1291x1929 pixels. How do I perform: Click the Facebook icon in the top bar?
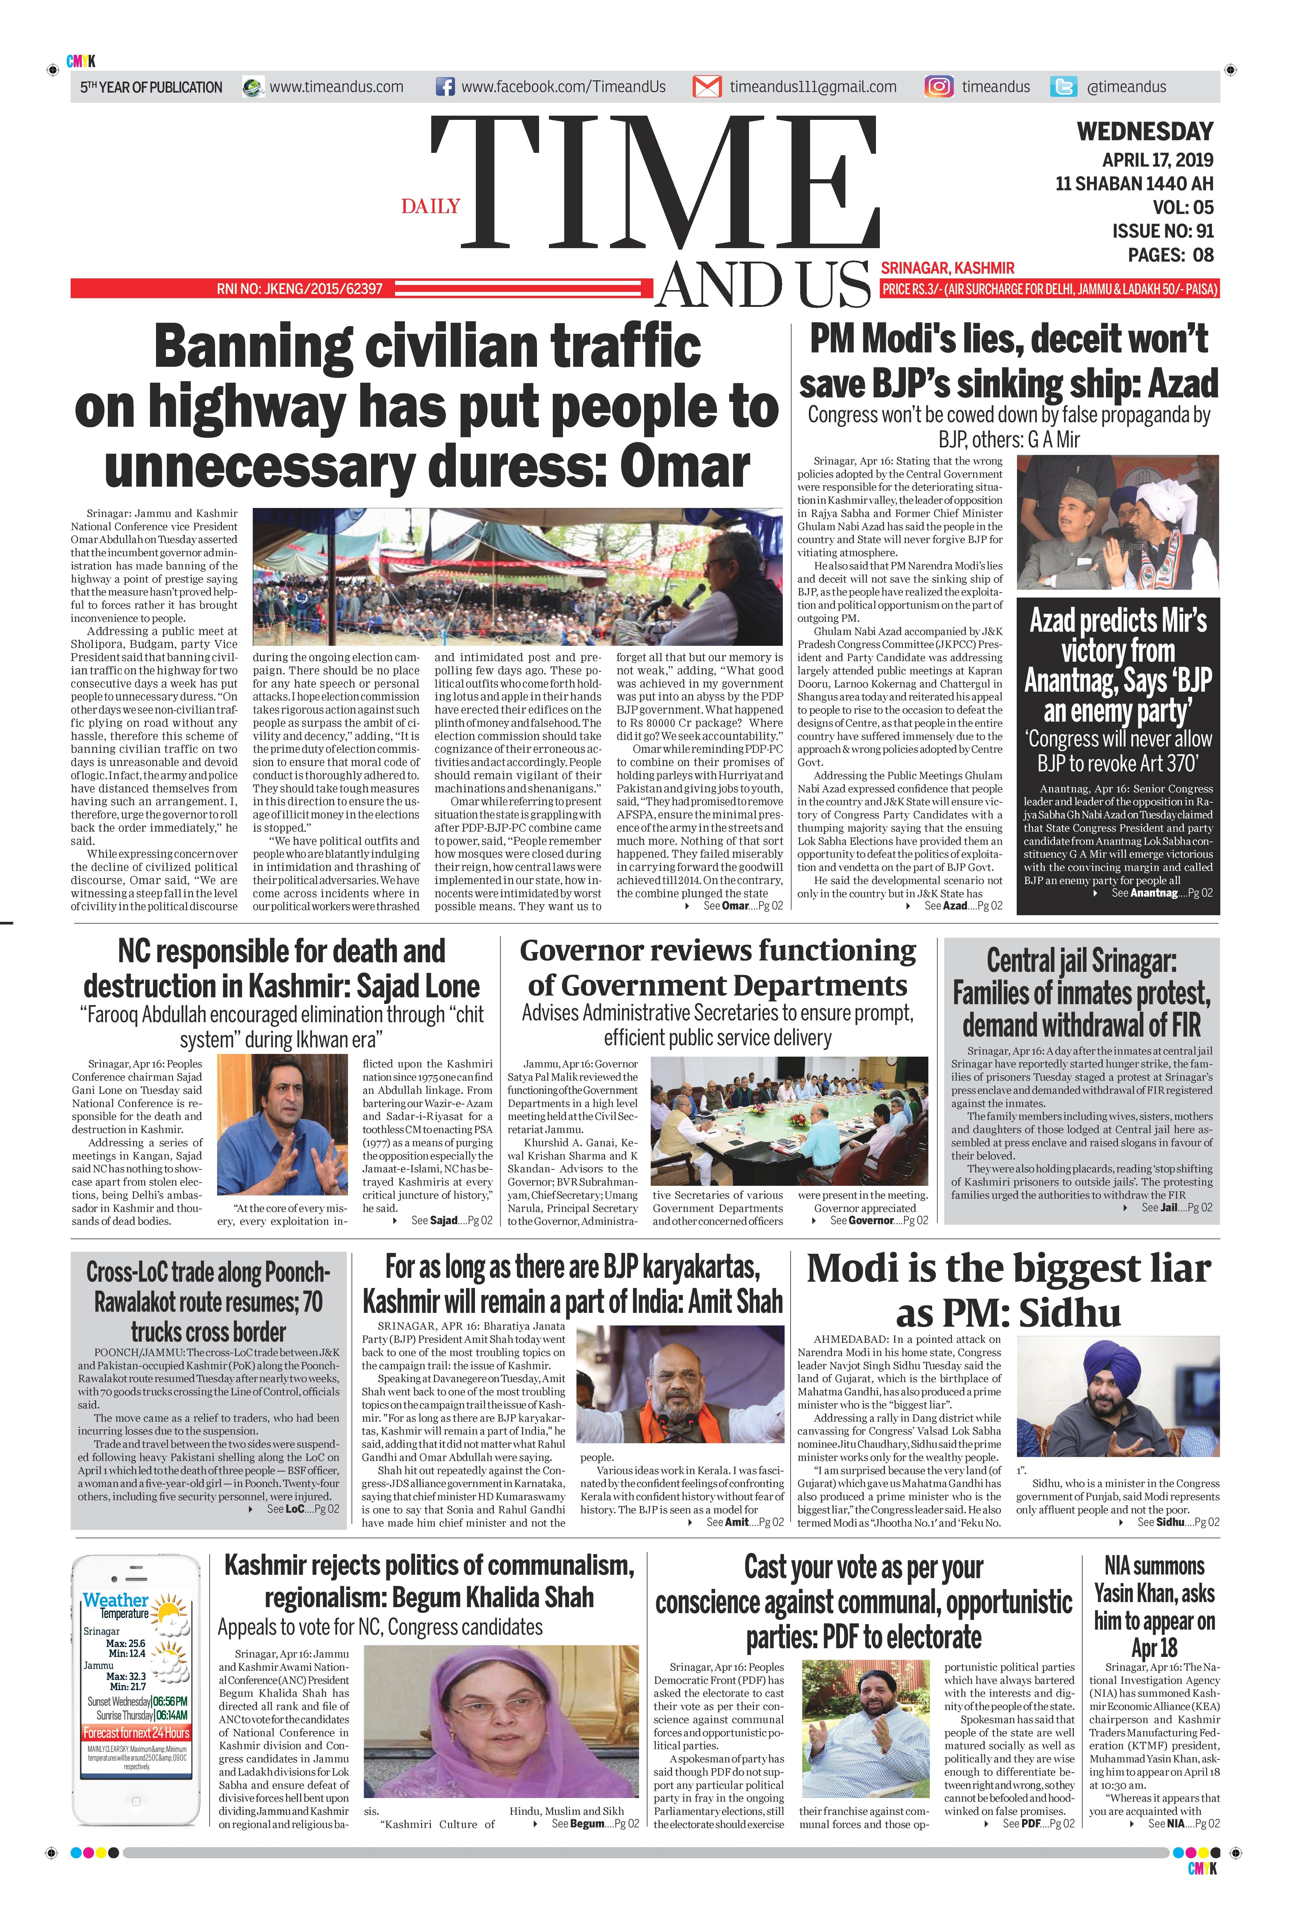point(445,87)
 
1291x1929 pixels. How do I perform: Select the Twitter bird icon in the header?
point(1064,87)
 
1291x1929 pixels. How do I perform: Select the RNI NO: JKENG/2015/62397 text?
point(300,289)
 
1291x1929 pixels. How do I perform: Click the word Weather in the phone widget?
point(115,1600)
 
